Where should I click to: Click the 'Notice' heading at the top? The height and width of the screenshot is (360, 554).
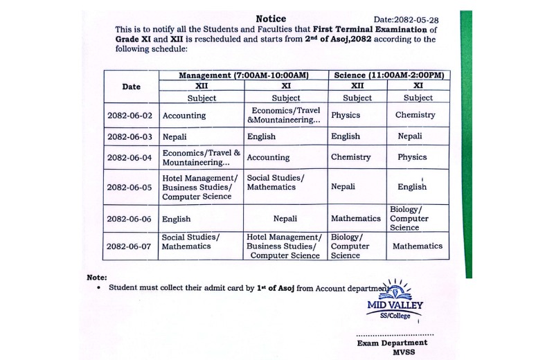270,19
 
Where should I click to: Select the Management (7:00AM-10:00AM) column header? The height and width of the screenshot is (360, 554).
243,75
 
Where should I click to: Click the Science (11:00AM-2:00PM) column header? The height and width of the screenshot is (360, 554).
388,75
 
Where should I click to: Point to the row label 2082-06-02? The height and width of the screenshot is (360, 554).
131,116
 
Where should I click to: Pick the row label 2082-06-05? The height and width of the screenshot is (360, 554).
131,187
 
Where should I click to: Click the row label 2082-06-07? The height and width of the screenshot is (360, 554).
131,246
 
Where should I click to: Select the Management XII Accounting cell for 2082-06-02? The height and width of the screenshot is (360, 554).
184,116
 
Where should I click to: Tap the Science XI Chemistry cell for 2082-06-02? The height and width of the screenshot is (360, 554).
415,115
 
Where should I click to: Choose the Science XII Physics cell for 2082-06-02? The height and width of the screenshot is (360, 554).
346,116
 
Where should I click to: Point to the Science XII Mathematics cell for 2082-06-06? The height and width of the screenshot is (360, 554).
355,218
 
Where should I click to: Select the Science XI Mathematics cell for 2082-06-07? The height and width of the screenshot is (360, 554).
417,246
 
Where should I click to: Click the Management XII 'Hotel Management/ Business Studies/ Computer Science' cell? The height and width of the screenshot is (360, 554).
199,188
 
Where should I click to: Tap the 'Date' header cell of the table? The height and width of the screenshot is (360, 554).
131,87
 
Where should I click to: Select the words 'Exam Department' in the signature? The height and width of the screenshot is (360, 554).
392,343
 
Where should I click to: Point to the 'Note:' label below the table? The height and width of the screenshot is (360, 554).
97,277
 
